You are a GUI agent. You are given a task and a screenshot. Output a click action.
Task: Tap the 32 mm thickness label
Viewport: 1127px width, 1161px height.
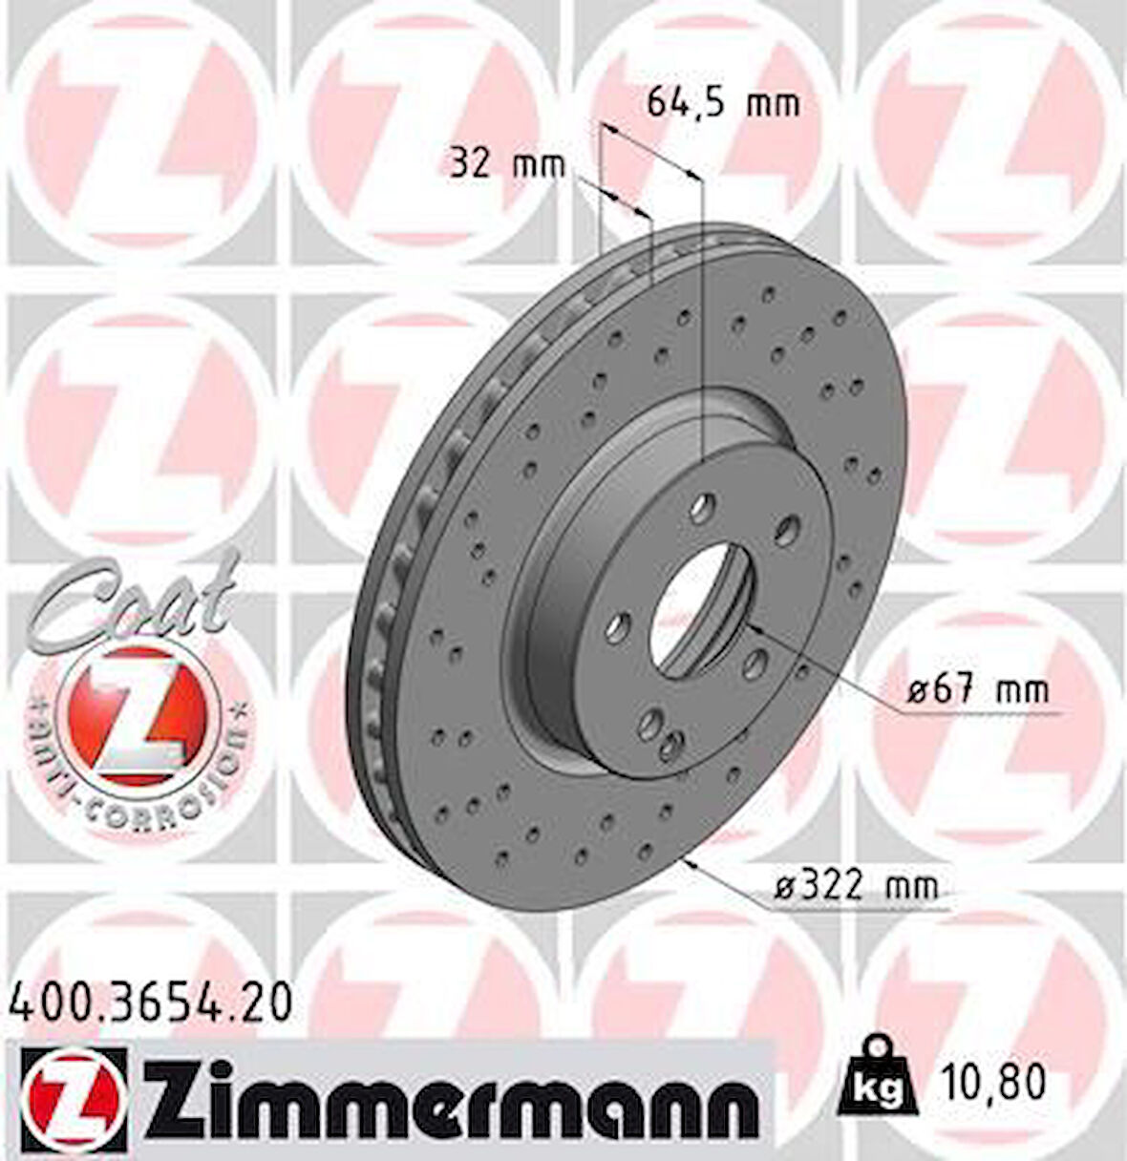(x=507, y=165)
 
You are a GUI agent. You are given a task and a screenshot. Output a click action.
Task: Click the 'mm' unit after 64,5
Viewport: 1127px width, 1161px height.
(x=772, y=102)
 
